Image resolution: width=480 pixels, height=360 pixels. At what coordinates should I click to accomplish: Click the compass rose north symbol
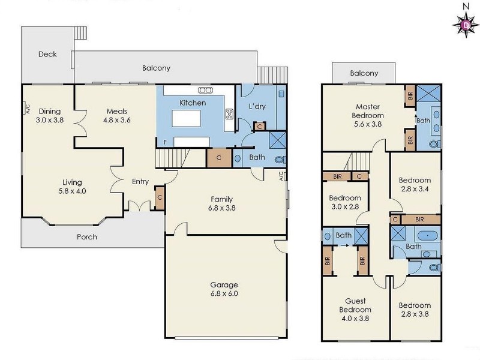click(x=465, y=23)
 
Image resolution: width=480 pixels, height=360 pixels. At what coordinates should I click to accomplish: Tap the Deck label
click(x=47, y=54)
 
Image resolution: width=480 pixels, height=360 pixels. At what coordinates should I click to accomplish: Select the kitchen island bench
click(x=190, y=119)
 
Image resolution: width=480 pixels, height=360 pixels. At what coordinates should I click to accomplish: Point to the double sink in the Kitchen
click(x=205, y=90)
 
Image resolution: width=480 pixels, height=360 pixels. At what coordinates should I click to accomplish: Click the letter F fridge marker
click(x=165, y=143)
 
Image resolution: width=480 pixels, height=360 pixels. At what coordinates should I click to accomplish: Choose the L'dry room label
click(x=257, y=106)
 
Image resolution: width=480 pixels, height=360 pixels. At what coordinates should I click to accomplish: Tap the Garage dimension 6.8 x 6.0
click(x=224, y=295)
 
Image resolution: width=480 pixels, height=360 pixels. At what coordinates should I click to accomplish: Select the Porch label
click(x=87, y=237)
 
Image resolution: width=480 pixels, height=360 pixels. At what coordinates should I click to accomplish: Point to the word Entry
click(x=140, y=182)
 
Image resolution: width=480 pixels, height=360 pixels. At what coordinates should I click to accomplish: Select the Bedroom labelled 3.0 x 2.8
click(x=345, y=202)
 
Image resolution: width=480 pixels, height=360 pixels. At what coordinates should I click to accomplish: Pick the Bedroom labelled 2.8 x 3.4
click(x=415, y=184)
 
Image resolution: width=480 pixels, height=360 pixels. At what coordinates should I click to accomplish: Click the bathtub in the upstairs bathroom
click(x=427, y=235)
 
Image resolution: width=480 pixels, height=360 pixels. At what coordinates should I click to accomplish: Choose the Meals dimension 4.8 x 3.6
click(x=118, y=120)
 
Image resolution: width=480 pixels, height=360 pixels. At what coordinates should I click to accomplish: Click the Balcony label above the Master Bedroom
click(x=364, y=73)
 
